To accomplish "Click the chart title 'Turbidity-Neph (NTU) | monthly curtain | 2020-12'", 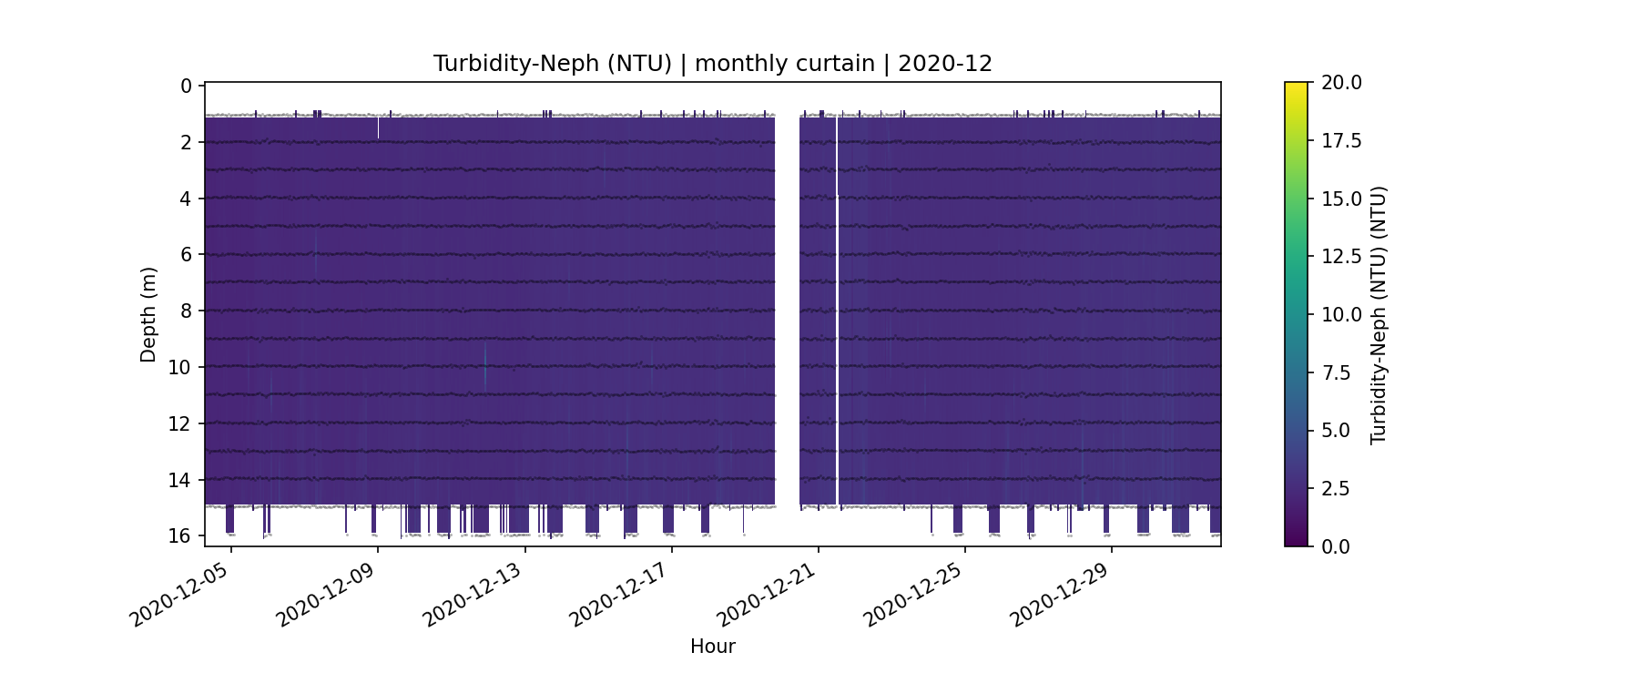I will click(712, 64).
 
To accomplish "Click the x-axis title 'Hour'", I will click(712, 647).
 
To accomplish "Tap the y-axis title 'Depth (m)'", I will click(148, 314).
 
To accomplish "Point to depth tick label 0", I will click(187, 87).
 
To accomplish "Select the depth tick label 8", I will click(187, 311).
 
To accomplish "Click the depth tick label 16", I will click(180, 535).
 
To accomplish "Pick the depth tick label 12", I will click(180, 423).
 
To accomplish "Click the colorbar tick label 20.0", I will click(1341, 83).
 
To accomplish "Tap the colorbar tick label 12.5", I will click(1341, 257).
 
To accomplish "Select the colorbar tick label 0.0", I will click(1336, 546).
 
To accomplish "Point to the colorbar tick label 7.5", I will click(1336, 372).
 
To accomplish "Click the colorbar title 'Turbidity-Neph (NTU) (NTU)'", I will click(1379, 314).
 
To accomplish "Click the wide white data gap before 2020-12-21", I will click(787, 310).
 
